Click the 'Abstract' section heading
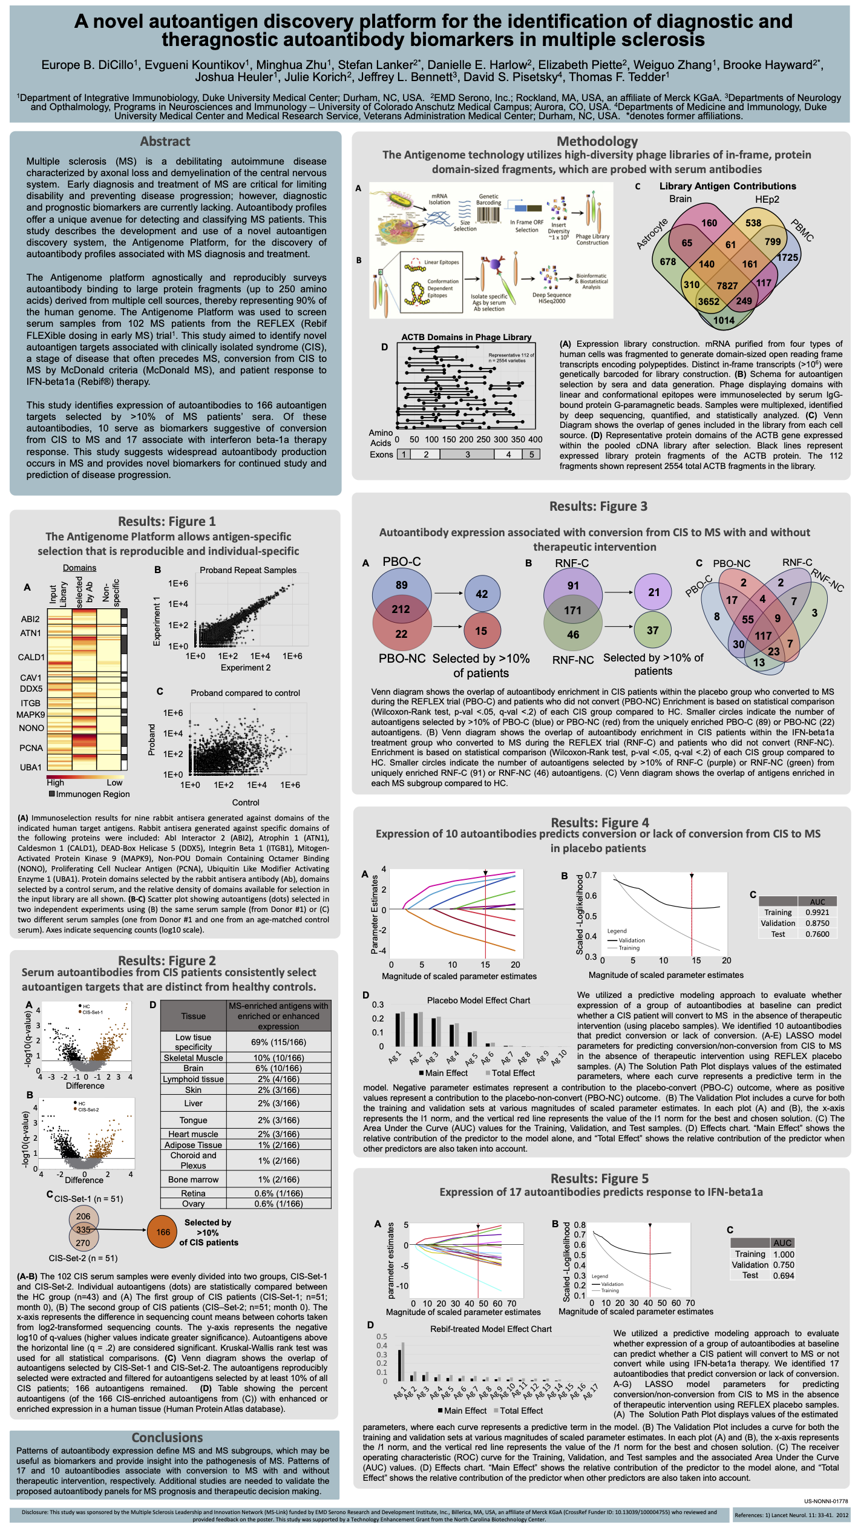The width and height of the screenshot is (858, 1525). pyautogui.click(x=165, y=142)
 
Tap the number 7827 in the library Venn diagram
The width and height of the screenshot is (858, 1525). pyautogui.click(x=727, y=286)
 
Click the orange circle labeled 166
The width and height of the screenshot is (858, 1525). pyautogui.click(x=163, y=1232)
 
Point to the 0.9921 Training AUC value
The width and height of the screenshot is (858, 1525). pyautogui.click(x=817, y=912)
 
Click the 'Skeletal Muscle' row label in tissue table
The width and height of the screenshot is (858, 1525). pyautogui.click(x=193, y=1058)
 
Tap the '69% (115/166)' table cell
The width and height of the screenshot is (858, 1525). pyautogui.click(x=278, y=1042)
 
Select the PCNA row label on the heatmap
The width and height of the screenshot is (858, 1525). pyautogui.click(x=31, y=748)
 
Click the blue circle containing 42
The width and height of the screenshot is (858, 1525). pyautogui.click(x=482, y=594)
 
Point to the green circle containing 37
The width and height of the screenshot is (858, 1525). pyautogui.click(x=652, y=630)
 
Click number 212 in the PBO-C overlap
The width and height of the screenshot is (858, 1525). pyautogui.click(x=401, y=609)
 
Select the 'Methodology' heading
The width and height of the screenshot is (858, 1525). pyautogui.click(x=597, y=142)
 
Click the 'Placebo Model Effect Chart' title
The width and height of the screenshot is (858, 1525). pyautogui.click(x=478, y=1000)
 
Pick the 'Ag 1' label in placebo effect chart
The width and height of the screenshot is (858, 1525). pyautogui.click(x=395, y=1057)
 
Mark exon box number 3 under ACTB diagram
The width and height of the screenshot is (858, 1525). pyautogui.click(x=467, y=454)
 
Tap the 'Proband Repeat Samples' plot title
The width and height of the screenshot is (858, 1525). pyautogui.click(x=248, y=570)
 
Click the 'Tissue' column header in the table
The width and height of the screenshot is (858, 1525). pyautogui.click(x=193, y=1016)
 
